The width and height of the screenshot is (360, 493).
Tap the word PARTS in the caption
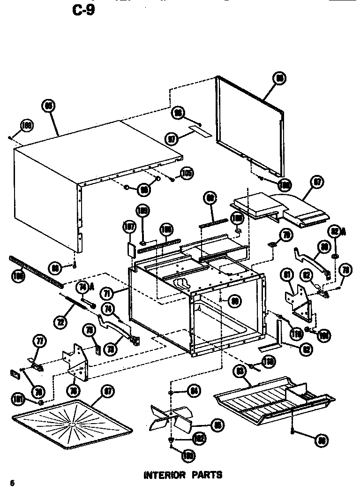(x=206, y=475)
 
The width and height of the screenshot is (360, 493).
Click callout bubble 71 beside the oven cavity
(x=108, y=294)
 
